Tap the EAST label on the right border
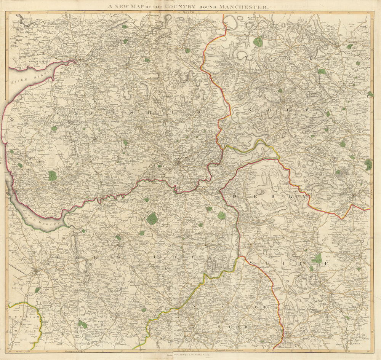point(371,194)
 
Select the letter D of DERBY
point(234,195)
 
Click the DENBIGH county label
point(18,311)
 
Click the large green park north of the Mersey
point(52,175)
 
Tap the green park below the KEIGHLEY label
point(258,42)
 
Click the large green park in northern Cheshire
point(152,218)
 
